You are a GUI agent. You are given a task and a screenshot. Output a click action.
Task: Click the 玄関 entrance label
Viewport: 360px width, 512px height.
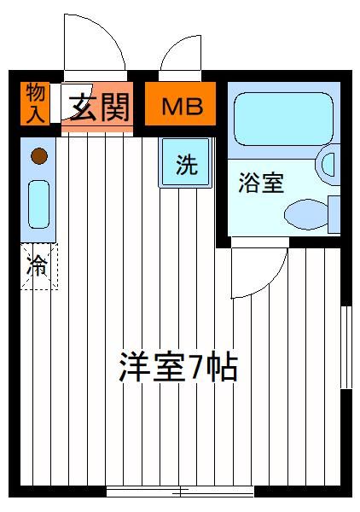(x=100, y=107)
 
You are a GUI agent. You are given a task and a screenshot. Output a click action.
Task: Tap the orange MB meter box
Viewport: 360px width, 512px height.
(x=180, y=103)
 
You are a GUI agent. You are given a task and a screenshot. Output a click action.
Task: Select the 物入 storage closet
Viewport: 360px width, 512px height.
(x=35, y=103)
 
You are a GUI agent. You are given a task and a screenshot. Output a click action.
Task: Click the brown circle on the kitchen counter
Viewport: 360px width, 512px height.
(x=39, y=156)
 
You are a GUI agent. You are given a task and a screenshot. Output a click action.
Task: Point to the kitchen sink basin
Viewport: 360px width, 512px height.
(x=39, y=204)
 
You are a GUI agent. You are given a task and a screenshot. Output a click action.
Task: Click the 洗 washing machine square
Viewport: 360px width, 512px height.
(x=185, y=163)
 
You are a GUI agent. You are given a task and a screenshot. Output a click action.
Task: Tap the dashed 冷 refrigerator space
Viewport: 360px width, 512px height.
(x=39, y=266)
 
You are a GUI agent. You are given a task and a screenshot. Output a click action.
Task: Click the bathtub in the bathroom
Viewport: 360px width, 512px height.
(x=283, y=119)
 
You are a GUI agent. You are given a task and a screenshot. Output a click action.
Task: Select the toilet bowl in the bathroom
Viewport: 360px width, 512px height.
(x=305, y=214)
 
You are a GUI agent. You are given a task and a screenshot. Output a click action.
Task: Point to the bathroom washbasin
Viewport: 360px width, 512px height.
(x=328, y=164)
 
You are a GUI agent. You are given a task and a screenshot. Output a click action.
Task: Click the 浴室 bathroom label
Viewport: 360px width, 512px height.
(x=261, y=183)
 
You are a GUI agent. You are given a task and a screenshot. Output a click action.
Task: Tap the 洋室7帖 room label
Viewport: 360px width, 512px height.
(x=178, y=366)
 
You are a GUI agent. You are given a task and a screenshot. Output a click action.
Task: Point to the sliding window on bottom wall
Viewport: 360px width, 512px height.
(x=180, y=492)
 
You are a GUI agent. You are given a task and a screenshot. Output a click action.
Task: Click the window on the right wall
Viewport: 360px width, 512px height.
(x=346, y=347)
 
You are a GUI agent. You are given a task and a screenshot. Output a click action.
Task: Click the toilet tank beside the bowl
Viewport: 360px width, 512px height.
(x=334, y=214)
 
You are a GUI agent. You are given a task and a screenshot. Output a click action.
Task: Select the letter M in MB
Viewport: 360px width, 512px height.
(x=172, y=106)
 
